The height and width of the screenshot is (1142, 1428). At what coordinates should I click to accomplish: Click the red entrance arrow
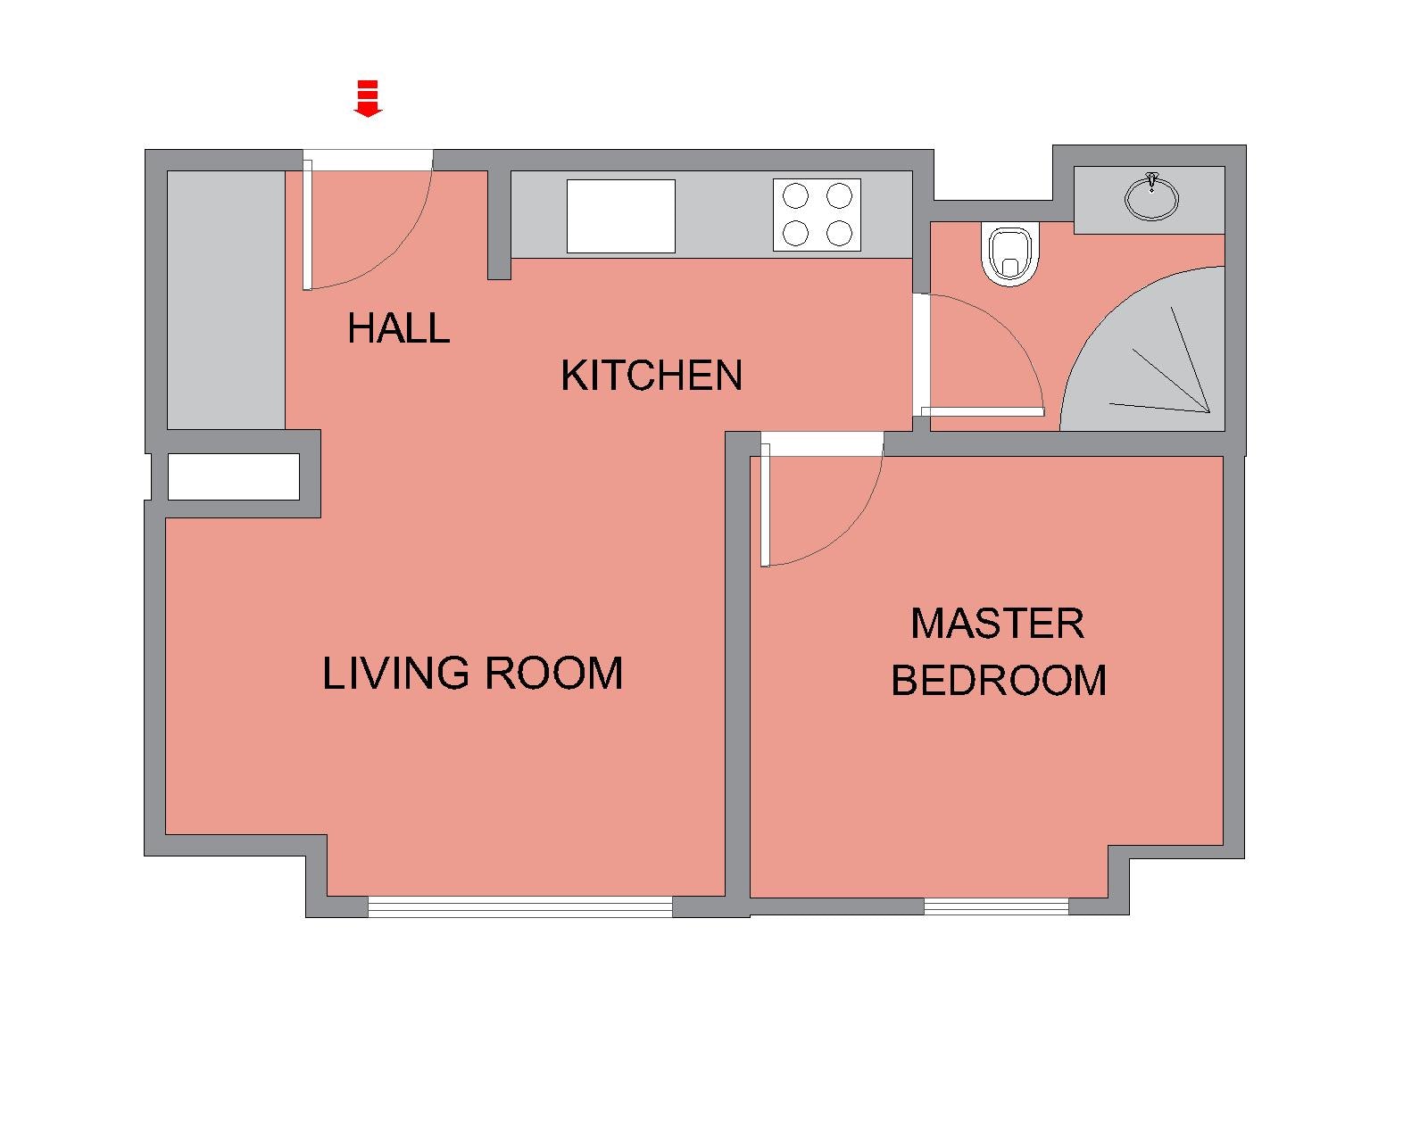(x=368, y=99)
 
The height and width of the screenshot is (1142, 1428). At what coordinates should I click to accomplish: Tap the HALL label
(x=399, y=328)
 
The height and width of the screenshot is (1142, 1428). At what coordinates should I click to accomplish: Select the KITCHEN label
(x=651, y=376)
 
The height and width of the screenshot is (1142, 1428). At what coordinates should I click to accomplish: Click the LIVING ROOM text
(x=472, y=673)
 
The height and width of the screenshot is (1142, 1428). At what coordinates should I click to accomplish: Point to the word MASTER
(x=997, y=624)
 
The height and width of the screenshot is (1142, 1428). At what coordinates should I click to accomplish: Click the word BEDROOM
(x=999, y=680)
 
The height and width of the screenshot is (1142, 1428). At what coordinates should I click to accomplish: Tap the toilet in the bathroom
(x=1010, y=255)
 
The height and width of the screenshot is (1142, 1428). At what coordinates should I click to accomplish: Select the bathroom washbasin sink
(x=1151, y=197)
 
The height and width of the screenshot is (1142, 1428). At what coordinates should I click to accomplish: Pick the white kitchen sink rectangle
(x=621, y=216)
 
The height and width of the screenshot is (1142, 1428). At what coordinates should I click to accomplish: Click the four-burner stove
(x=817, y=215)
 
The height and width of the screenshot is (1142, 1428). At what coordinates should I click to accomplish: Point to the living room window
(x=520, y=906)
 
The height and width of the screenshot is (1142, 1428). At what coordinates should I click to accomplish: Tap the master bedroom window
(x=996, y=906)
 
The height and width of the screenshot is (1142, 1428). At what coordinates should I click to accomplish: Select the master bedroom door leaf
(x=765, y=505)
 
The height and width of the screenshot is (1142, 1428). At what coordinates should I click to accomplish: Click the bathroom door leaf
(x=983, y=412)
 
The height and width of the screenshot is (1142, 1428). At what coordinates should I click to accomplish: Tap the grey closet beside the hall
(x=226, y=300)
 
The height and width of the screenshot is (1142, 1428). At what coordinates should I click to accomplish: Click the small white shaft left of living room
(x=234, y=476)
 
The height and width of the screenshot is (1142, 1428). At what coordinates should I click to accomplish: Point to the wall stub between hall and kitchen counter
(x=499, y=225)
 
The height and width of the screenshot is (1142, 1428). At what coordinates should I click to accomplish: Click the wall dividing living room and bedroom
(x=737, y=674)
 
